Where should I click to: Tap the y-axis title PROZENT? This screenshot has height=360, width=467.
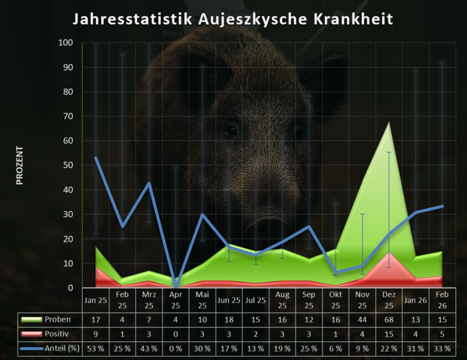[x=19, y=164]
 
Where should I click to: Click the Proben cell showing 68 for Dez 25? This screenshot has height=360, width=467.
[x=389, y=319]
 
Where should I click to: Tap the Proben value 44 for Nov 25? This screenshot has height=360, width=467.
[x=362, y=319]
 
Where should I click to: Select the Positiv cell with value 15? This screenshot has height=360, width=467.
[x=389, y=334]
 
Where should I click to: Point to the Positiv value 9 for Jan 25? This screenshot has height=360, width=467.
[x=96, y=334]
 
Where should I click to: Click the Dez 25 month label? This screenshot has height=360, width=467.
[x=389, y=300]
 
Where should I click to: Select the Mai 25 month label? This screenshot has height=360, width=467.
[x=202, y=300]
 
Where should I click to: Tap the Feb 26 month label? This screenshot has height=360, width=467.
[x=442, y=300]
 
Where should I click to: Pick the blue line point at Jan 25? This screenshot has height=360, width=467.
[x=96, y=158]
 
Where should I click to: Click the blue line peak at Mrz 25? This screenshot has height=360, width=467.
[x=149, y=183]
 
